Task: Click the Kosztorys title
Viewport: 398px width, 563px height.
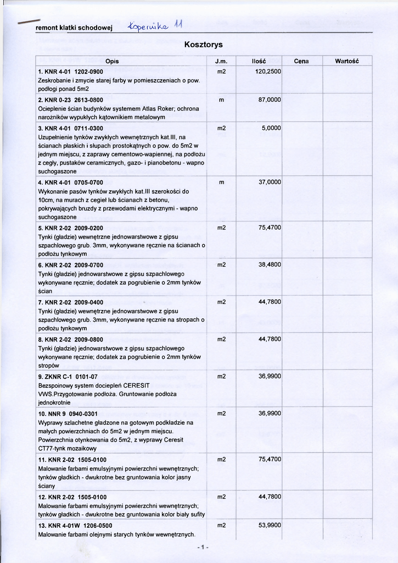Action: pyautogui.click(x=204, y=45)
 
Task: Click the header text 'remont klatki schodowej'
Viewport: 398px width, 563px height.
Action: pyautogui.click(x=74, y=27)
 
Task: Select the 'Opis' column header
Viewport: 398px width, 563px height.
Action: pyautogui.click(x=112, y=61)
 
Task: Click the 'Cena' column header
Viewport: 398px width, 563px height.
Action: pyautogui.click(x=301, y=61)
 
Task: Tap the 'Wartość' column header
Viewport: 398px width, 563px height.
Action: pyautogui.click(x=346, y=61)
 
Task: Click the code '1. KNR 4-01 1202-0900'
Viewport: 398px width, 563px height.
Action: pyautogui.click(x=70, y=72)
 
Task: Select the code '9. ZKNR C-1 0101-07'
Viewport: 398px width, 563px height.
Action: pyautogui.click(x=68, y=377)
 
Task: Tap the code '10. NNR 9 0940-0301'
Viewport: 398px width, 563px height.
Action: pyautogui.click(x=68, y=413)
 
